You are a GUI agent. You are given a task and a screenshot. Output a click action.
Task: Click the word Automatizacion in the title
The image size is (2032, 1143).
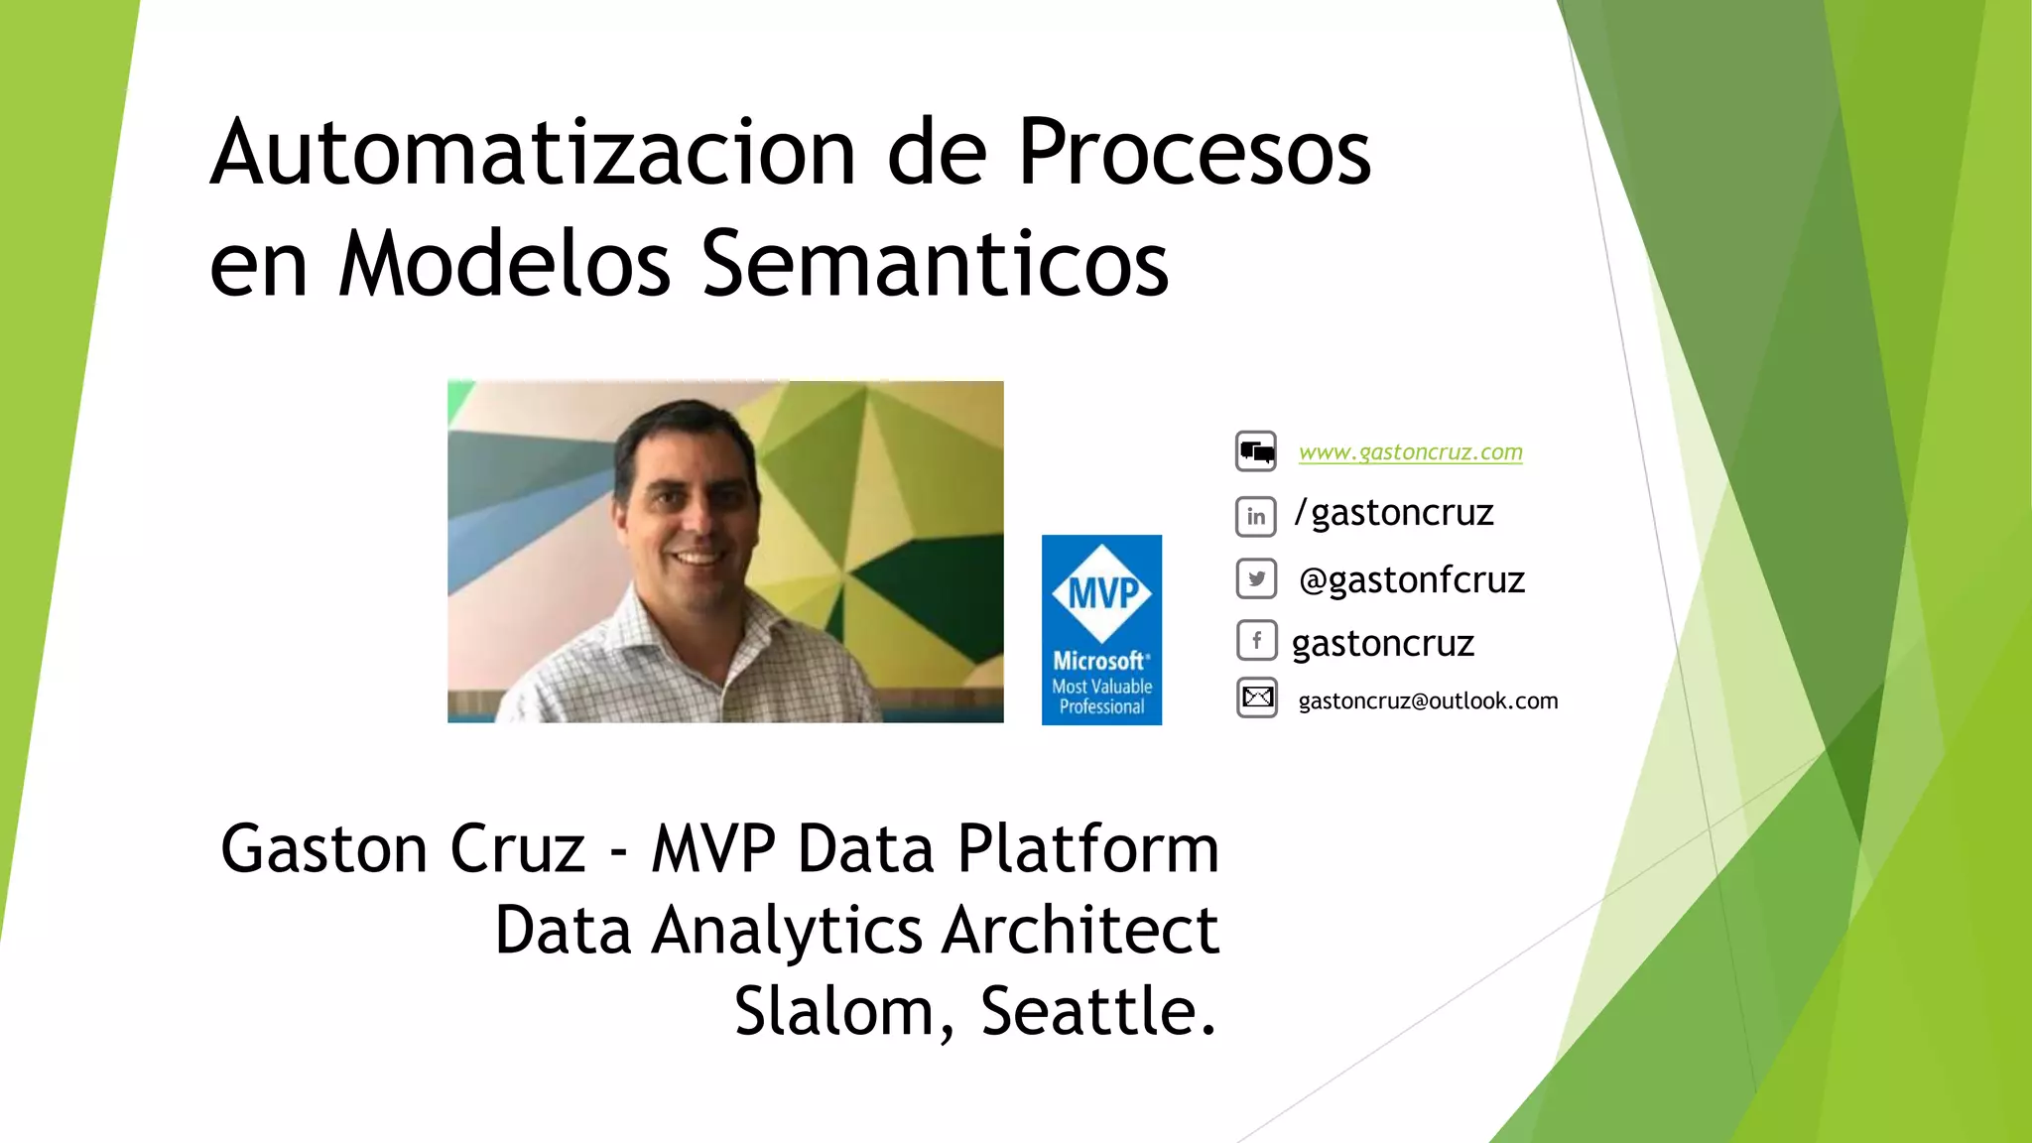pyautogui.click(x=533, y=154)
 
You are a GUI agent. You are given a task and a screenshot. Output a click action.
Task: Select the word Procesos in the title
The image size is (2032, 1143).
pyautogui.click(x=1194, y=154)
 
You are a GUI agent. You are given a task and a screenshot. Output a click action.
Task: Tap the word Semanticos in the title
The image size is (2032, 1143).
pyautogui.click(x=936, y=265)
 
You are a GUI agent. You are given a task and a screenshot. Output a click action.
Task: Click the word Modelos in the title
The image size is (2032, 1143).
pyautogui.click(x=504, y=265)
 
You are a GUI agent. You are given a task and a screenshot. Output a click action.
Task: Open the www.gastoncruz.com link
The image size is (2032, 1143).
pyautogui.click(x=1410, y=452)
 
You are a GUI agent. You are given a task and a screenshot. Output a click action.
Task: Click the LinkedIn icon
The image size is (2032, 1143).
pyautogui.click(x=1256, y=516)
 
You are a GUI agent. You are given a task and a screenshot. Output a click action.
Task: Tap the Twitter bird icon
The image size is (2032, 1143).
pyautogui.click(x=1256, y=579)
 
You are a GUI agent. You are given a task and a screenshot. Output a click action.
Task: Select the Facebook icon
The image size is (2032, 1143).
pyautogui.click(x=1256, y=641)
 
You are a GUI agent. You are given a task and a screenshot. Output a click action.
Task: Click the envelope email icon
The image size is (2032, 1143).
pyautogui.click(x=1257, y=698)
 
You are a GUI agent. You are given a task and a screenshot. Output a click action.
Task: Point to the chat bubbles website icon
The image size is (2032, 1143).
pyautogui.click(x=1256, y=452)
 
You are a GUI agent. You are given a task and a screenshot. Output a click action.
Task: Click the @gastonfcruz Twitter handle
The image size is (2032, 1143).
pyautogui.click(x=1411, y=580)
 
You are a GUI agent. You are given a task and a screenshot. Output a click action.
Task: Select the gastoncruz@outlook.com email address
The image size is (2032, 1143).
pyautogui.click(x=1428, y=701)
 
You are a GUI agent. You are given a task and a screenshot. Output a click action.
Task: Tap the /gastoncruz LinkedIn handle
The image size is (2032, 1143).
pyautogui.click(x=1394, y=513)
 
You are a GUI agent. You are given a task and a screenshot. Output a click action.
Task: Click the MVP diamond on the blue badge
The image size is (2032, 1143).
pyautogui.click(x=1102, y=593)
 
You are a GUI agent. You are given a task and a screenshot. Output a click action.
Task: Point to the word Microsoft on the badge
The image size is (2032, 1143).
pyautogui.click(x=1099, y=661)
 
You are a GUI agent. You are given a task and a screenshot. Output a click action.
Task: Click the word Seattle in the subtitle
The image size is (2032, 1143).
pyautogui.click(x=1097, y=1011)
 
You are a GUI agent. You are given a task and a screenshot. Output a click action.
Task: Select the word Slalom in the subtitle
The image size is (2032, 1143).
pyautogui.click(x=843, y=1011)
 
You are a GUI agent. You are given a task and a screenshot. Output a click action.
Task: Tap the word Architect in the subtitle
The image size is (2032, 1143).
pyautogui.click(x=1080, y=931)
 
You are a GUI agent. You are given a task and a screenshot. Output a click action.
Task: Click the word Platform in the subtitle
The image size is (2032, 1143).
pyautogui.click(x=1087, y=849)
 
